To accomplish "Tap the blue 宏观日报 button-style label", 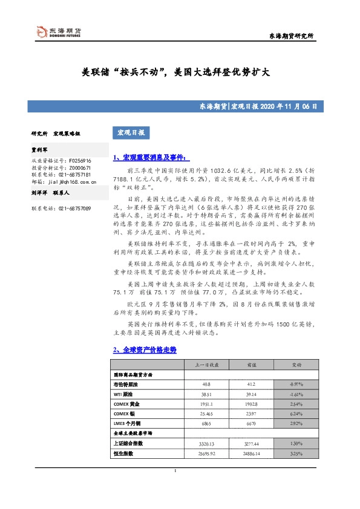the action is tap(130, 132).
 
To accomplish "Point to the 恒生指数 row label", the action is tap(123, 453).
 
